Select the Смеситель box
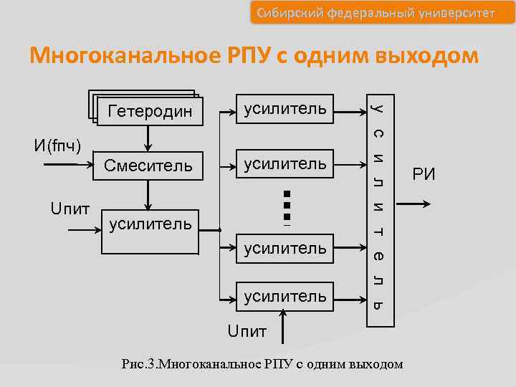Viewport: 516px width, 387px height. pyautogui.click(x=148, y=166)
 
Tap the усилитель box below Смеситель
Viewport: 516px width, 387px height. pyautogui.click(x=149, y=231)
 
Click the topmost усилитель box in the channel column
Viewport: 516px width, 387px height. pyautogui.click(x=285, y=109)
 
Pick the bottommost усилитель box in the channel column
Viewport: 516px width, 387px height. pyautogui.click(x=285, y=296)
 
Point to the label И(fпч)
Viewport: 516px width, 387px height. pyautogui.click(x=57, y=146)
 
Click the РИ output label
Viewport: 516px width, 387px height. pyautogui.click(x=424, y=174)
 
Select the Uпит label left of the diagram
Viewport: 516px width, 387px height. pyautogui.click(x=70, y=209)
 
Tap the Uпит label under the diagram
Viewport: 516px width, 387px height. pyautogui.click(x=247, y=332)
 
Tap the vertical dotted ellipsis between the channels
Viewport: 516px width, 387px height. pyautogui.click(x=286, y=206)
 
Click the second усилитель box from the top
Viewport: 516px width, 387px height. pyautogui.click(x=285, y=165)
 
